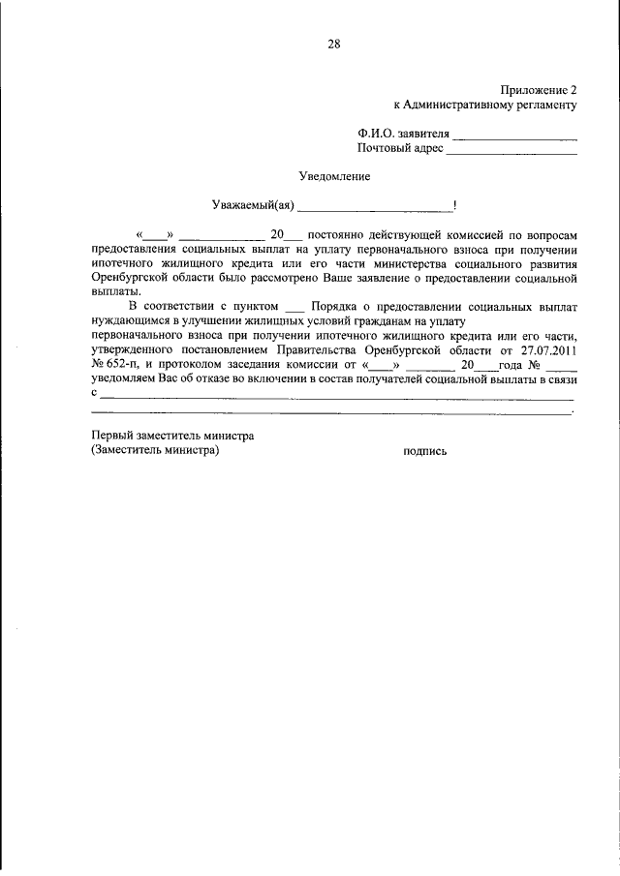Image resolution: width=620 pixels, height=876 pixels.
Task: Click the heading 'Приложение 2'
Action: point(540,87)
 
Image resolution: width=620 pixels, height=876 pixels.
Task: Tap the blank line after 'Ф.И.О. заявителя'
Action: point(515,135)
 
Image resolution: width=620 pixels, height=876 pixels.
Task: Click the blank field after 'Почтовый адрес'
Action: point(511,150)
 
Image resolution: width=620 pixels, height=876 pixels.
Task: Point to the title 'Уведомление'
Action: point(333,176)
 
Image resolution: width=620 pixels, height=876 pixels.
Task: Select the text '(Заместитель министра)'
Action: point(155,451)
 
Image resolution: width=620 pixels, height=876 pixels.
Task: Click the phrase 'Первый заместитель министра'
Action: point(171,436)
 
